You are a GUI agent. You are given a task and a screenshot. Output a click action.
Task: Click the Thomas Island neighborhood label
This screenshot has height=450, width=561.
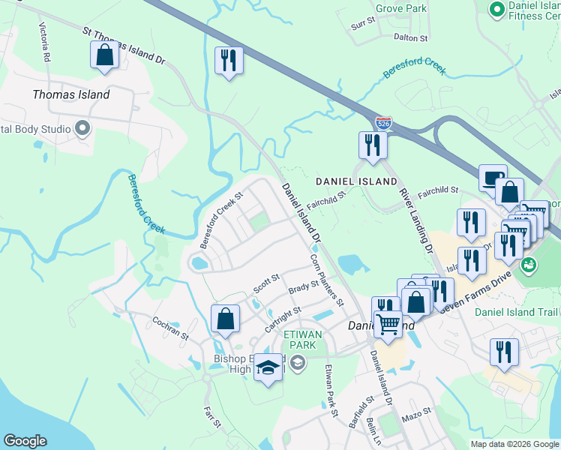[x=71, y=94]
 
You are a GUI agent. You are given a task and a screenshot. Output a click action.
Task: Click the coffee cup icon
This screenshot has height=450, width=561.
[x=492, y=178]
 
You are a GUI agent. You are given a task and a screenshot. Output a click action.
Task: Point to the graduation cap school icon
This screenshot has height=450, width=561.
[x=268, y=367]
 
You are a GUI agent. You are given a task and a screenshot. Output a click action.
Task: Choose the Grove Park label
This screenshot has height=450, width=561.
[x=400, y=9]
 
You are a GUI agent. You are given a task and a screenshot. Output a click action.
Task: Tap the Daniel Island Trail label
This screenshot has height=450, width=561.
[x=517, y=311]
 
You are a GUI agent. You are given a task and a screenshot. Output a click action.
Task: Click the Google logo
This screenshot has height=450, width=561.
[x=25, y=441]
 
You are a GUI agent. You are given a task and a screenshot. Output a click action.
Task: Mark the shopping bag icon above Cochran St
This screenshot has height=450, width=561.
[x=225, y=319]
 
